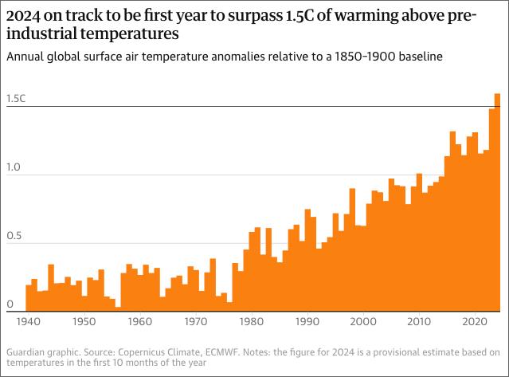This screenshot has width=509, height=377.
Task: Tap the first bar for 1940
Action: pyautogui.click(x=29, y=296)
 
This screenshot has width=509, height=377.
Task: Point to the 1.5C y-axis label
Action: pyautogui.click(x=16, y=100)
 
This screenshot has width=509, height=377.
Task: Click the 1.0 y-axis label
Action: pyautogui.click(x=14, y=168)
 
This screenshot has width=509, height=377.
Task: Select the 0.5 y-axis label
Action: pyautogui.click(x=14, y=237)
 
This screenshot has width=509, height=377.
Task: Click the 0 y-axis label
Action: pyautogui.click(x=9, y=304)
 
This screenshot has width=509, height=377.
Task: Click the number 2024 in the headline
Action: pyautogui.click(x=25, y=14)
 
